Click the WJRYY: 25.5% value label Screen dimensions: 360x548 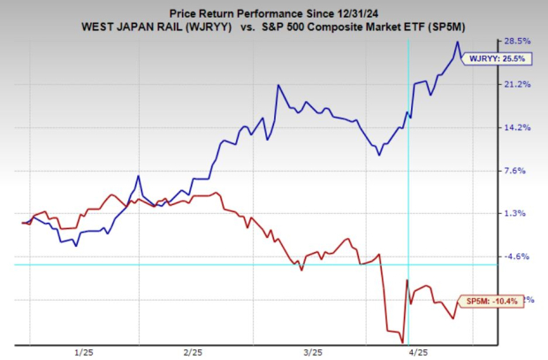coord(484,59)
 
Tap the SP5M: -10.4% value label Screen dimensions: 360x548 coord(484,301)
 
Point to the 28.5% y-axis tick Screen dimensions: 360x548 coord(517,41)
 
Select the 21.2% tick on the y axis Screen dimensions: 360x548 coord(517,84)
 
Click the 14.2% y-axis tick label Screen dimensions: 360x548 coord(517,127)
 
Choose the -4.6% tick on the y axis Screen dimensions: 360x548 coord(516,257)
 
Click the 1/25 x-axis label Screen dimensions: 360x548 coord(85,352)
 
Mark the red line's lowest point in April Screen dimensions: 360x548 coord(402,342)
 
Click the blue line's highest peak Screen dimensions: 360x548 coord(457,42)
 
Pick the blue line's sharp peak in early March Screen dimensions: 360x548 coord(278,86)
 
